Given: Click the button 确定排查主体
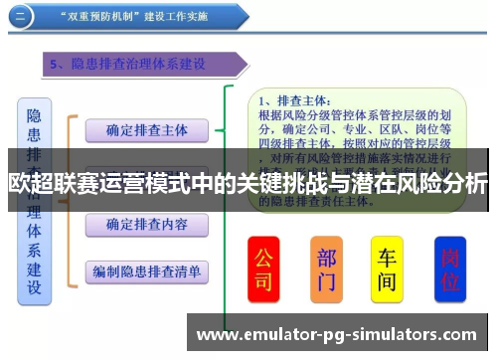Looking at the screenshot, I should [x=146, y=129].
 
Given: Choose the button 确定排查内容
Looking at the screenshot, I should [x=146, y=225].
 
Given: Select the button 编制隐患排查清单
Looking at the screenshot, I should [x=146, y=270].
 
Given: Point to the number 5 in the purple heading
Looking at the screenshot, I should [x=56, y=65].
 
